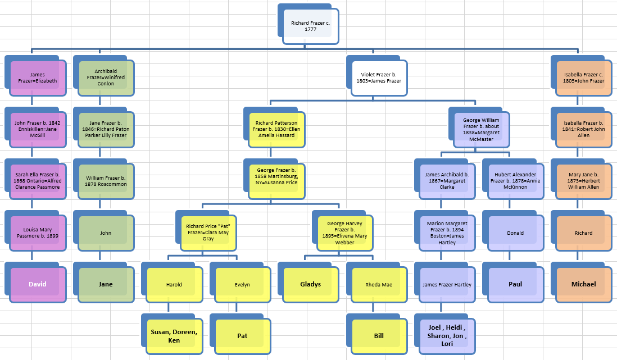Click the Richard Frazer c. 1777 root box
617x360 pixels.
tap(311, 26)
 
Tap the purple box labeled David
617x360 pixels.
tap(38, 284)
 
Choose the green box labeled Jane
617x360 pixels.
tap(106, 284)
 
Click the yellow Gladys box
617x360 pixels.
tap(311, 284)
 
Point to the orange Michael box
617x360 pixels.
tap(583, 284)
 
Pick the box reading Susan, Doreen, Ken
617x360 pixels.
tap(174, 336)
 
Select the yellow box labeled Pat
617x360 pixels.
tap(242, 336)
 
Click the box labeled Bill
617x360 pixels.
tap(379, 336)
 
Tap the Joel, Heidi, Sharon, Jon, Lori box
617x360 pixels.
tap(447, 336)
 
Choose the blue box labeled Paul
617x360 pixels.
tap(515, 284)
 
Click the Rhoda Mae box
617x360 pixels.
tap(379, 285)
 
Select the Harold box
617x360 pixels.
tap(174, 285)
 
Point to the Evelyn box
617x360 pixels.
tap(242, 285)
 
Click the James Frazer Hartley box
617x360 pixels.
tap(447, 285)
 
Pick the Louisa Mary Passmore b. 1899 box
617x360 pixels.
tap(38, 233)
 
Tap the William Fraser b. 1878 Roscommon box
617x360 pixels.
tap(106, 181)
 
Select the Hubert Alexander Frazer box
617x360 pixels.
tap(515, 181)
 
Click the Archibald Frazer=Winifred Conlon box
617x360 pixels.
tap(106, 78)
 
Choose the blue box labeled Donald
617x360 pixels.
tap(515, 233)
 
